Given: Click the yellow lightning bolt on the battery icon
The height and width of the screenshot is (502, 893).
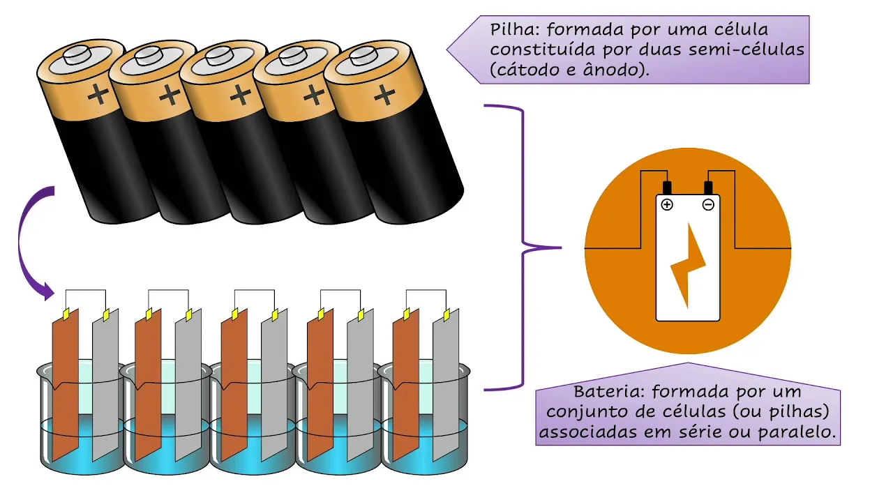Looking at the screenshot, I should coord(688,265).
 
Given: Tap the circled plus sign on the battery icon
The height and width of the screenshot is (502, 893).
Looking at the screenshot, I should coord(667,204).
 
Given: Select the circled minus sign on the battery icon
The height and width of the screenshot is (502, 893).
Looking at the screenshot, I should coord(708,204).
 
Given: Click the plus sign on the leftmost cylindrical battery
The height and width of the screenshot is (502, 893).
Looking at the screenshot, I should coord(98,96).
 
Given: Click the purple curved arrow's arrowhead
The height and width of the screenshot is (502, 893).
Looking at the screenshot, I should coord(47,291).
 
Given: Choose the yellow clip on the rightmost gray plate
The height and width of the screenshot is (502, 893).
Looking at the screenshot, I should coord(446,316).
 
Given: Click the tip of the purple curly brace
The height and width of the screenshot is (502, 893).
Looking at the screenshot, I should coord(560,248).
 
